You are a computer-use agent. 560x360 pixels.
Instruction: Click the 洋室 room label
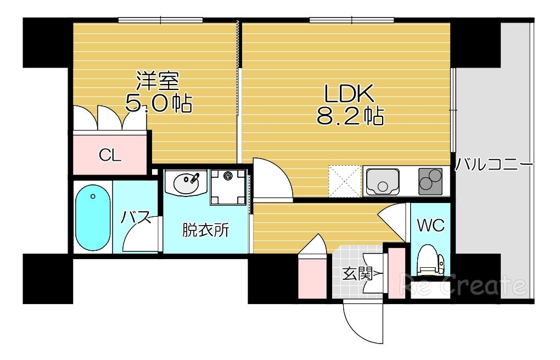pyautogui.click(x=158, y=82)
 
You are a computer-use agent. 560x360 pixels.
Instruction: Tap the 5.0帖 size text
pyautogui.click(x=159, y=103)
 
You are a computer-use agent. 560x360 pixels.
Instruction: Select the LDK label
pyautogui.click(x=349, y=94)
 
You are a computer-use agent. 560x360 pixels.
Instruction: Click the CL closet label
pyautogui.click(x=110, y=155)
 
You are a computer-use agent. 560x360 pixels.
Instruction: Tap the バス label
pyautogui.click(x=136, y=218)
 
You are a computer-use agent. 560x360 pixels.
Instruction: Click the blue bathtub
pyautogui.click(x=92, y=217)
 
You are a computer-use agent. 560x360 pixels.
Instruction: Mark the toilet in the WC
pyautogui.click(x=430, y=261)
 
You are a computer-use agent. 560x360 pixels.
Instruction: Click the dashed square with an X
pyautogui.click(x=344, y=181)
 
